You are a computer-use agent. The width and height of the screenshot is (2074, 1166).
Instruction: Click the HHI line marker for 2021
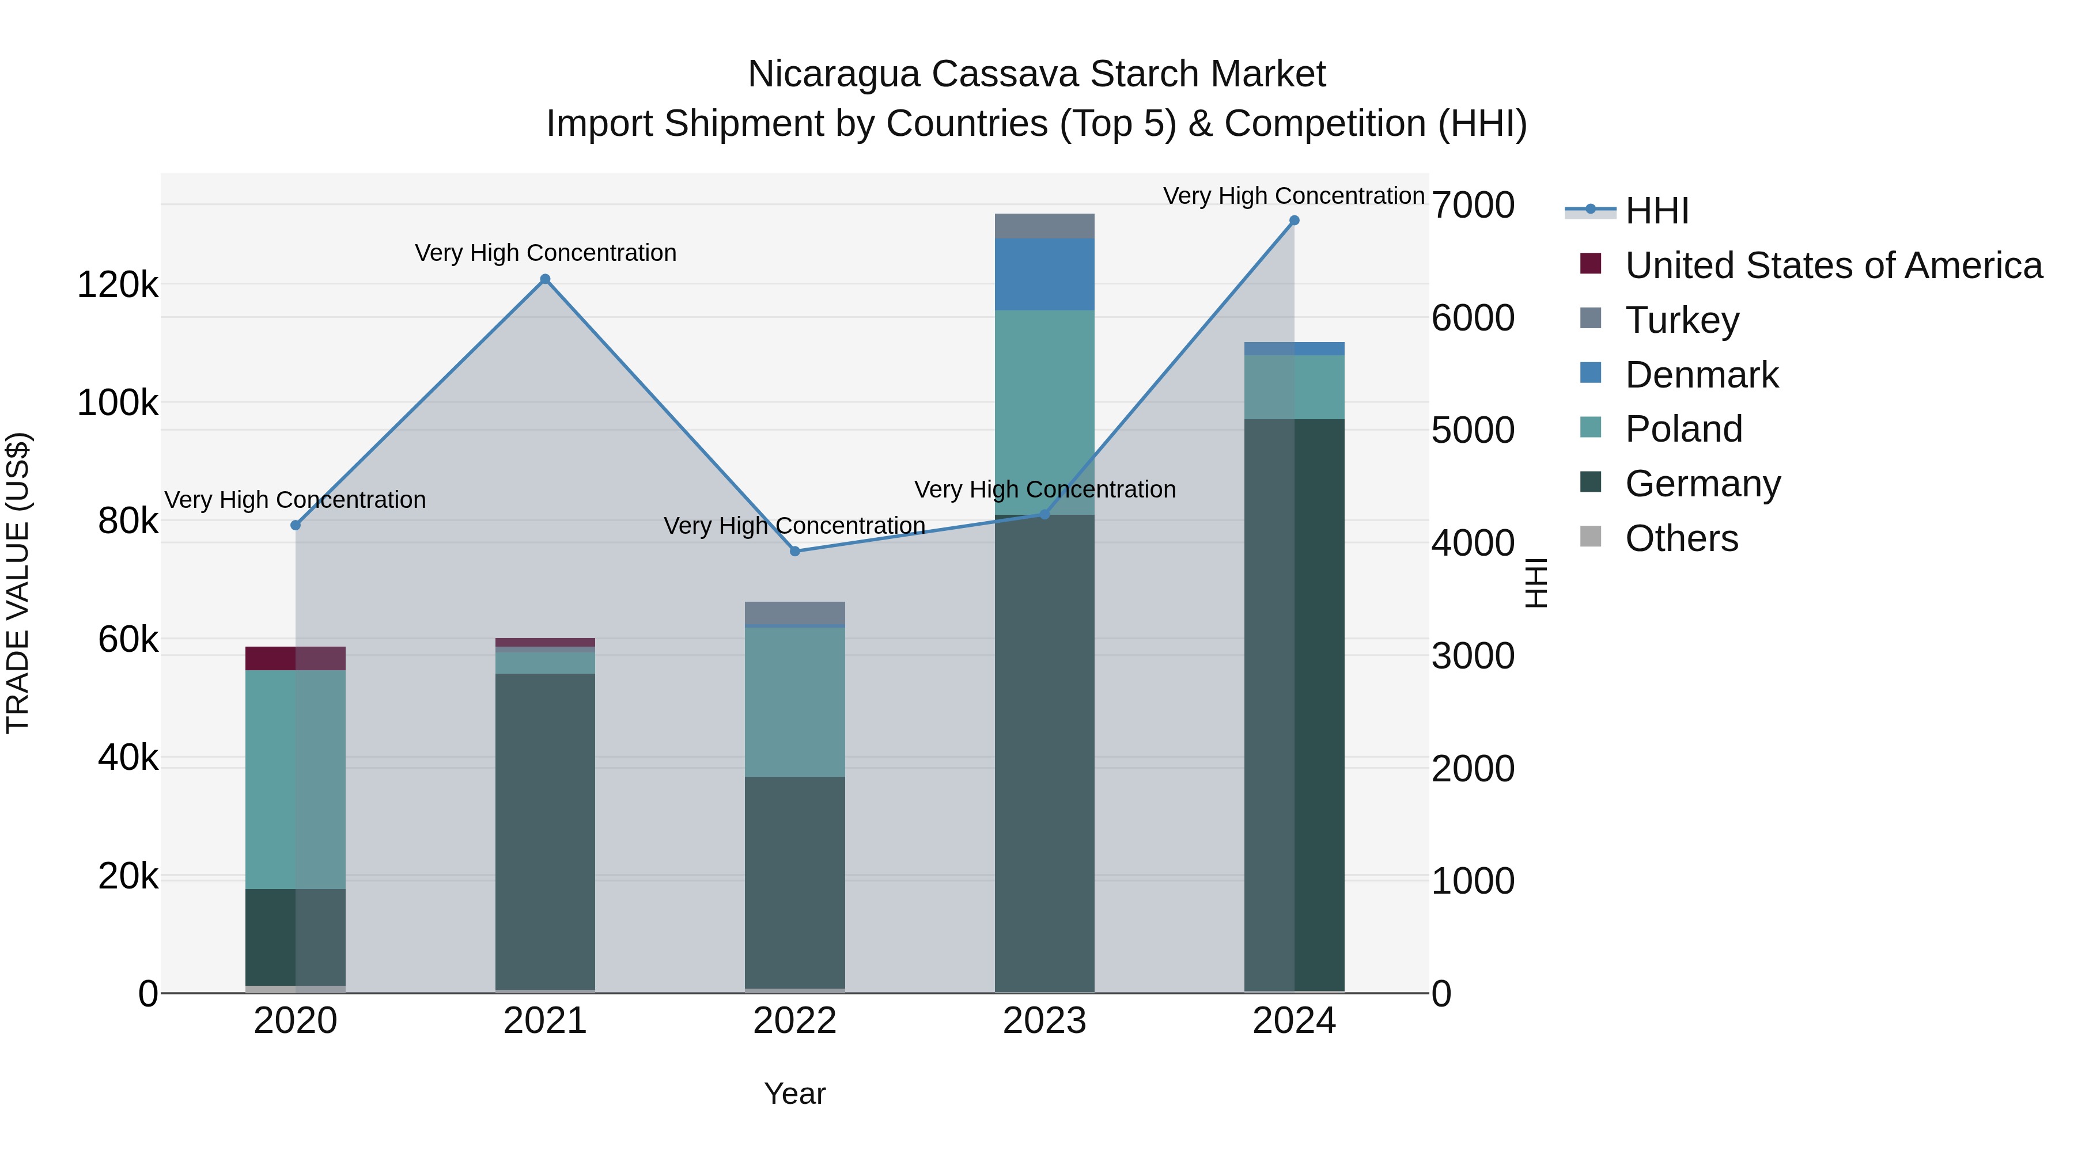(545, 279)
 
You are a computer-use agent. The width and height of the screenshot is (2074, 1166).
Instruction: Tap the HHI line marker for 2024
(1294, 221)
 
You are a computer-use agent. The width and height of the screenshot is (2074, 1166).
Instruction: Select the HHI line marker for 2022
(794, 551)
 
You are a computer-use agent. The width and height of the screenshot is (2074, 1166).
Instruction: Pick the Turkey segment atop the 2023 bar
(1044, 226)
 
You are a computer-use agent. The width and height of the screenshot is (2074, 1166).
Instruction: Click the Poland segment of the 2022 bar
(794, 702)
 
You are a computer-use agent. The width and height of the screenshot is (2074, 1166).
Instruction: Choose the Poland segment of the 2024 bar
(1294, 387)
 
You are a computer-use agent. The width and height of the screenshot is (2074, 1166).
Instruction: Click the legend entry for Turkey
(1682, 320)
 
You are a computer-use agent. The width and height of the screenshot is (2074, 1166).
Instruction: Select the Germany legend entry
(1702, 484)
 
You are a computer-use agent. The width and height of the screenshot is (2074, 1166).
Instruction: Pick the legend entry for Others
(1681, 538)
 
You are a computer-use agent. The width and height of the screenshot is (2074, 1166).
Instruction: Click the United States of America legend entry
(1833, 265)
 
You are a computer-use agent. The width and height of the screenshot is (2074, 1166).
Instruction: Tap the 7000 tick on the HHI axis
(1473, 205)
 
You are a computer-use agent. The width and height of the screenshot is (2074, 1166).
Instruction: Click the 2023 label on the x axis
(1044, 1021)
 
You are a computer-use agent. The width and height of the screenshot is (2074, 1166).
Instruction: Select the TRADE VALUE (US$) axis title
(18, 583)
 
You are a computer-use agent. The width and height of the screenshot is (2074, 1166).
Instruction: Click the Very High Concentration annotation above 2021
(545, 253)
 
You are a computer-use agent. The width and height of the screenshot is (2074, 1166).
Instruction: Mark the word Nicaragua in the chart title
(833, 74)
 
